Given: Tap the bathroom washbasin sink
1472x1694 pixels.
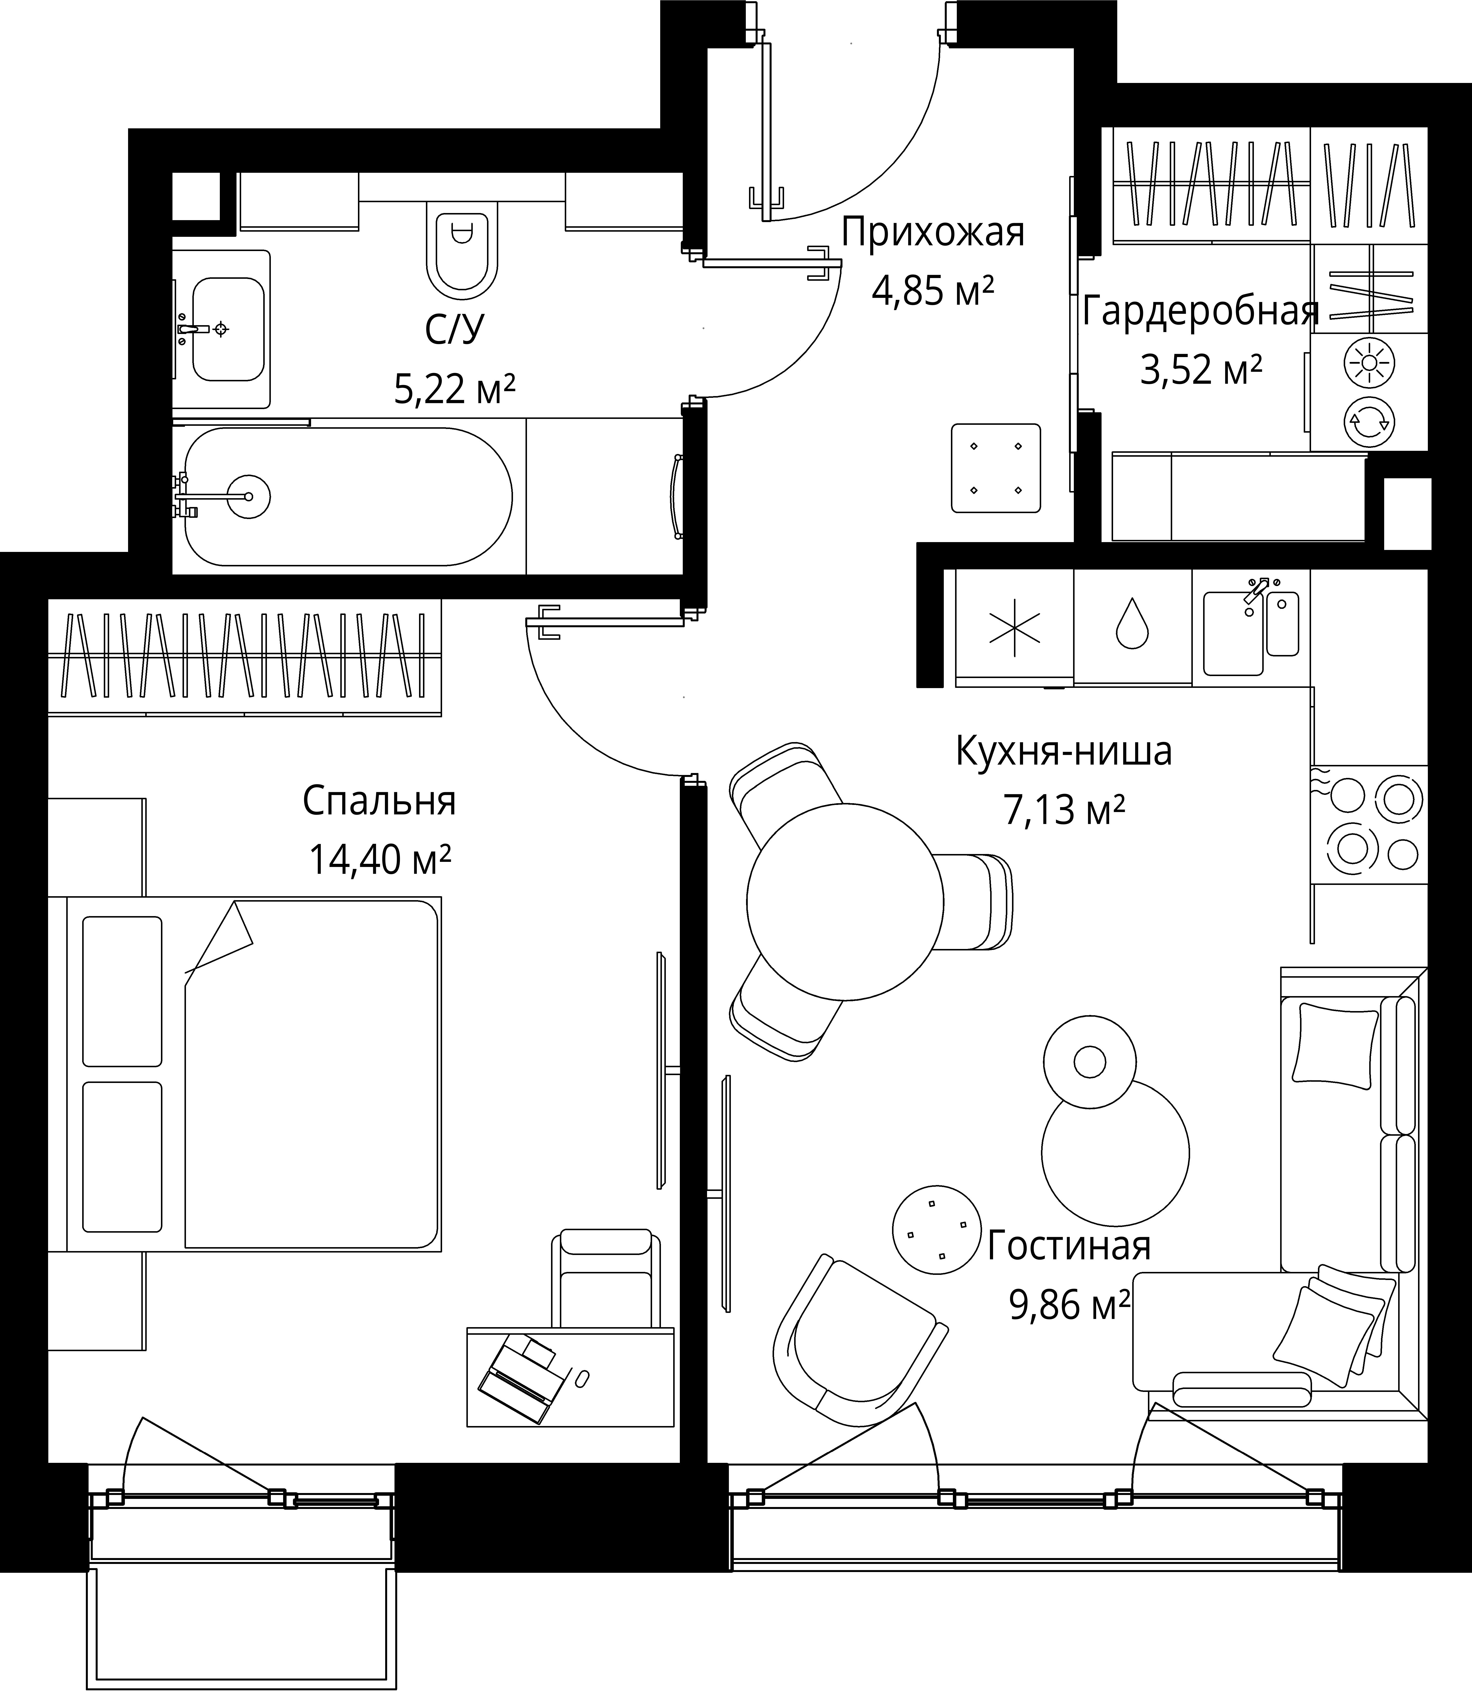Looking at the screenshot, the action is click(x=227, y=329).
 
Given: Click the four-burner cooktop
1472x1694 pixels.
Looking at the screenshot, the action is click(x=1369, y=824).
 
